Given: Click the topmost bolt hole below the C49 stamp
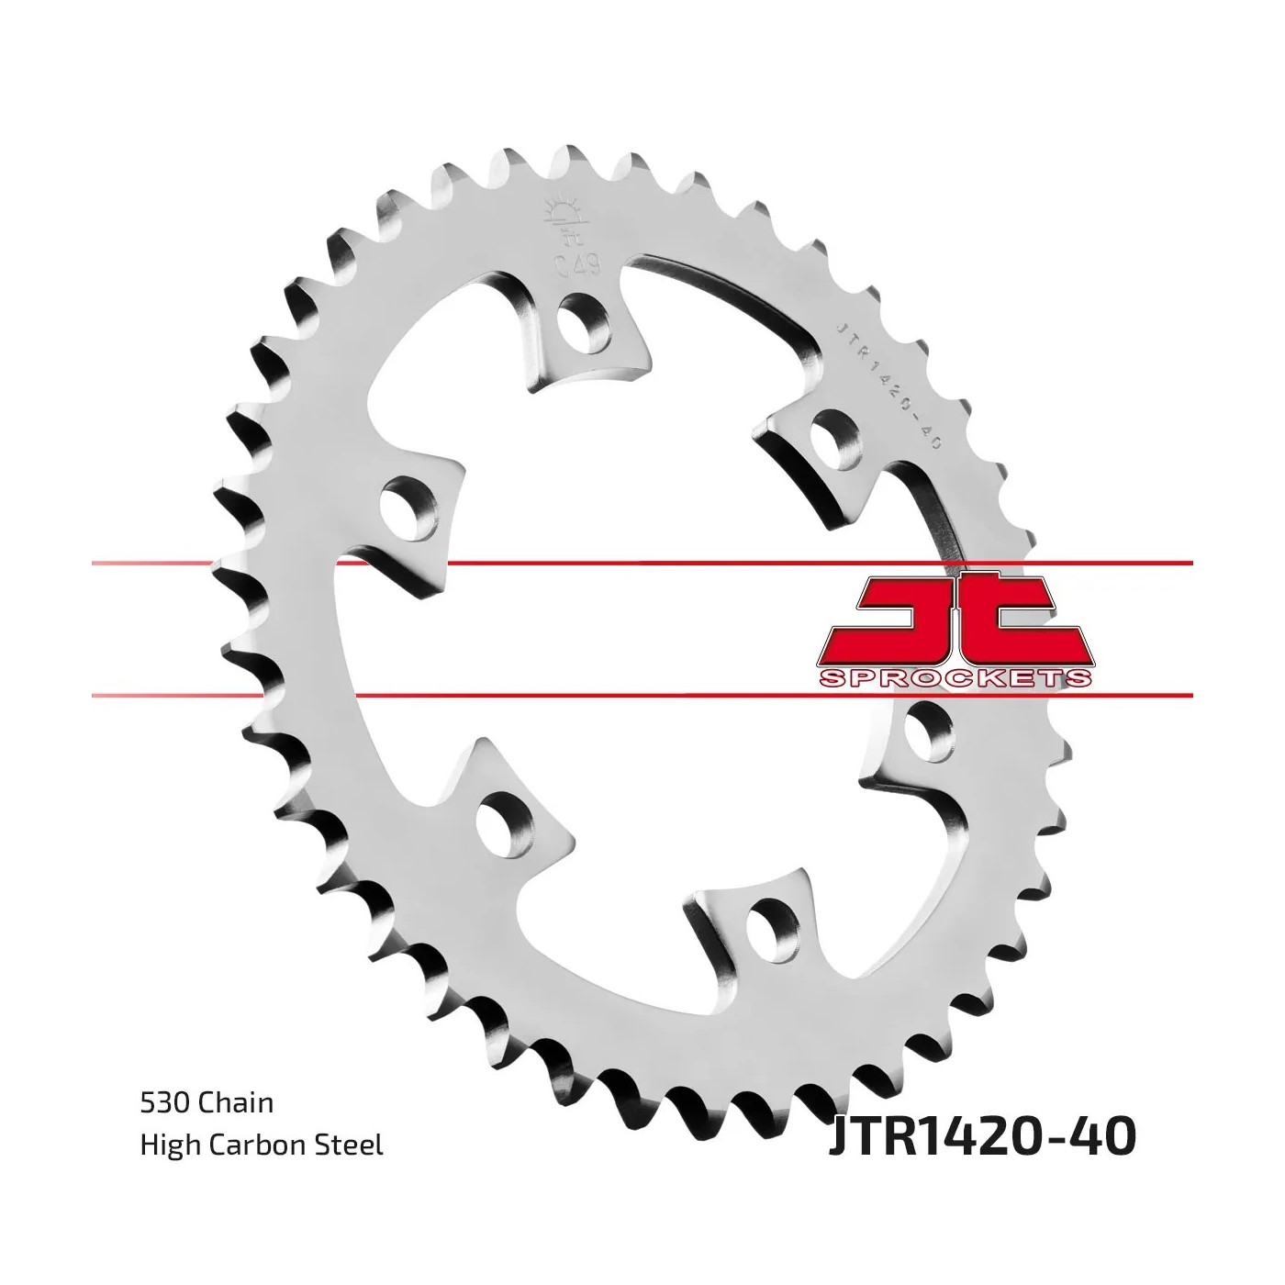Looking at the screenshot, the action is (x=585, y=326).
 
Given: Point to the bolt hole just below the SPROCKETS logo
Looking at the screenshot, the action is (x=928, y=731).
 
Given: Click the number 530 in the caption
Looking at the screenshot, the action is (x=165, y=1103).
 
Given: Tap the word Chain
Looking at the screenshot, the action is (x=236, y=1102).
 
